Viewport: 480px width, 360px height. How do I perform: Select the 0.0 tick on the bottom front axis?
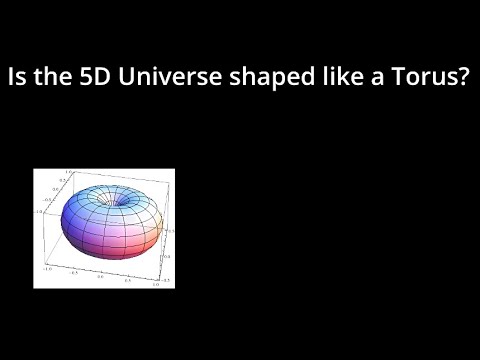point(100,276)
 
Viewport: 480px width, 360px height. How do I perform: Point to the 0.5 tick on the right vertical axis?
point(171,229)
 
